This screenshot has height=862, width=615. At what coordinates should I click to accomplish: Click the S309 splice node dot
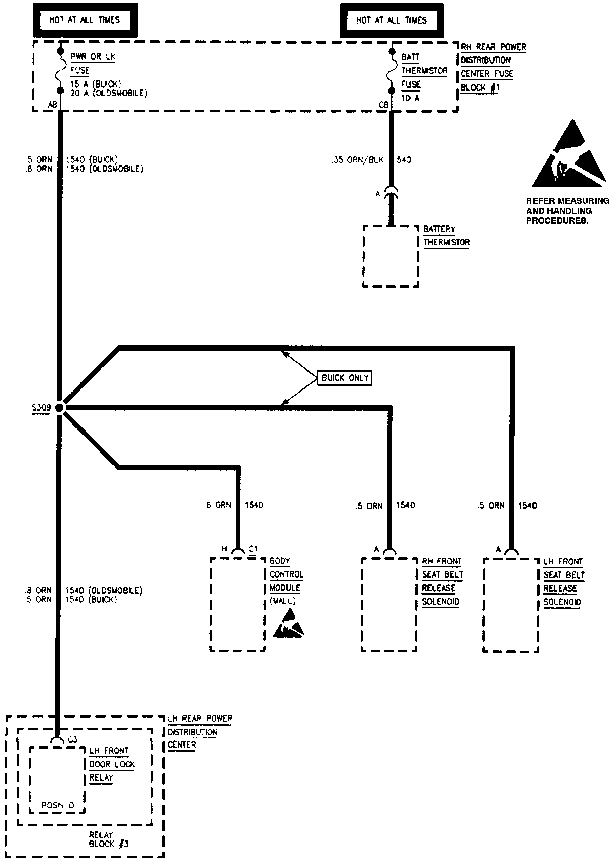point(59,407)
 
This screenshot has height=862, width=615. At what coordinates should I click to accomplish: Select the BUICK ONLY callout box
point(345,378)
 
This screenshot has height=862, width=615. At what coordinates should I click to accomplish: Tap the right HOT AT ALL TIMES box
point(391,20)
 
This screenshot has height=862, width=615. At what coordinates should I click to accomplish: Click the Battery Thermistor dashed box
point(391,256)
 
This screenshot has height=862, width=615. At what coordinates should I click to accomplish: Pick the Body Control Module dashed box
point(237,605)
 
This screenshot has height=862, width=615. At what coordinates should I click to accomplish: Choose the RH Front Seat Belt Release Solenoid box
point(389,605)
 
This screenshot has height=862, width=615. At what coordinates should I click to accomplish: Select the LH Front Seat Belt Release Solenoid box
point(511,605)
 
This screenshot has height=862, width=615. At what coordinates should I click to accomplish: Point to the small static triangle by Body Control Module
point(289,624)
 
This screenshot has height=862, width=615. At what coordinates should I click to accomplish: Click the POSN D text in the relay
point(57,805)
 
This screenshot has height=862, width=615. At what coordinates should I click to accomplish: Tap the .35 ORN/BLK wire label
point(357,160)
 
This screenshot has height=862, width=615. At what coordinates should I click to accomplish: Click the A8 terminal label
point(52,105)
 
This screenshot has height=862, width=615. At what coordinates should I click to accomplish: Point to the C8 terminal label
point(383,105)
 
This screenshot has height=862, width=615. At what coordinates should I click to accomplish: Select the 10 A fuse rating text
point(410,98)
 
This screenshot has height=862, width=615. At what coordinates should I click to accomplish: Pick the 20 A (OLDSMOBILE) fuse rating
point(109,93)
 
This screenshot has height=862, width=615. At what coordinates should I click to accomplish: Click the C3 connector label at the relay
point(72,740)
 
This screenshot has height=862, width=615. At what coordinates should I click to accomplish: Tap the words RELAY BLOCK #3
point(101,839)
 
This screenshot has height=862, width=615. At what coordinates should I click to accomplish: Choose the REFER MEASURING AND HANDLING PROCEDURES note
point(567,211)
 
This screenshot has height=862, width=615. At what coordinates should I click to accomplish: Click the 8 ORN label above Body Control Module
point(219,505)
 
